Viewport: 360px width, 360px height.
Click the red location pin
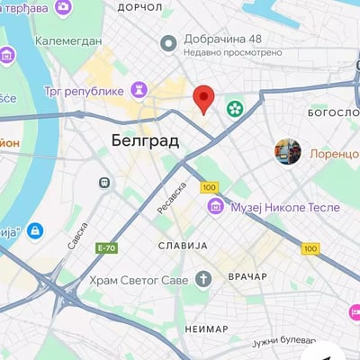coord(204,98)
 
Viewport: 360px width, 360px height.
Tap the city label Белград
coord(146,140)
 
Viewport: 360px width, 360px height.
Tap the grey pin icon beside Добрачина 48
coord(167,42)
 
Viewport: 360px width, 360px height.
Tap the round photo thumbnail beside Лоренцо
coord(288,151)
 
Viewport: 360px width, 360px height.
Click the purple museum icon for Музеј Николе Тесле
coord(215,208)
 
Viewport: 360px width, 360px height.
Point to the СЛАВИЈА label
coord(182,245)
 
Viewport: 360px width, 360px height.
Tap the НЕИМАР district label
coord(206,329)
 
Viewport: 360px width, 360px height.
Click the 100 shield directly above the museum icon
coord(210,187)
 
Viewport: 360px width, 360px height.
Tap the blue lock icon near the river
coord(35,231)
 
